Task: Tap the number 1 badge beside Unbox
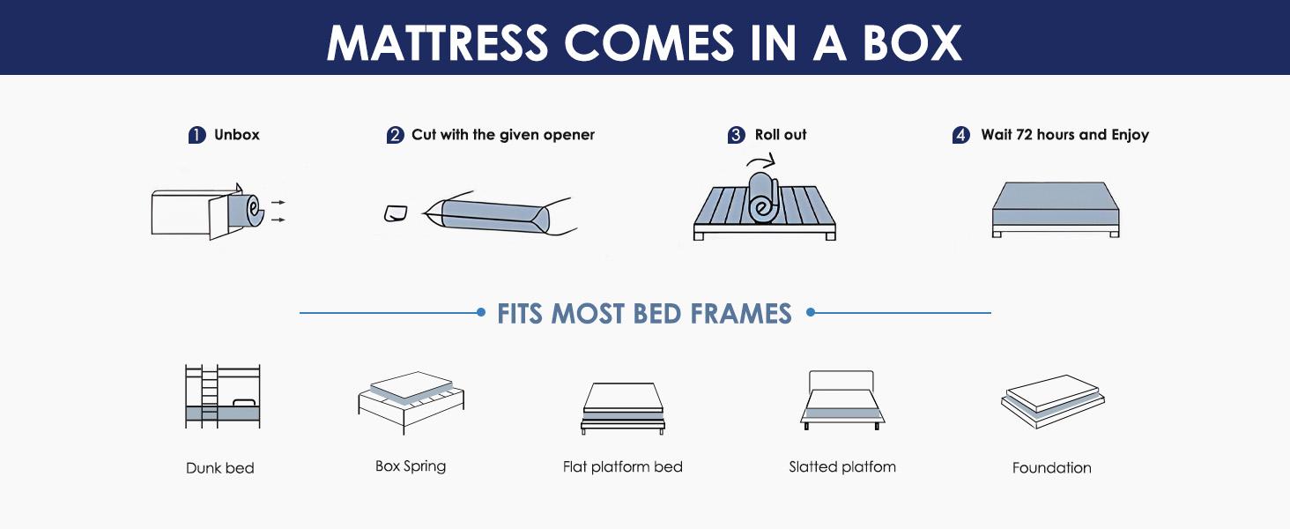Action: pyautogui.click(x=196, y=136)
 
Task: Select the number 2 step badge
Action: pyautogui.click(x=395, y=136)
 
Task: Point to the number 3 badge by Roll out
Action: pyautogui.click(x=736, y=136)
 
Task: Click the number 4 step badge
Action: pyautogui.click(x=960, y=136)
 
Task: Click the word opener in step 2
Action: pyautogui.click(x=567, y=135)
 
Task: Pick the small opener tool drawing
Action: pyautogui.click(x=396, y=213)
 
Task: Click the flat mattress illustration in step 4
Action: pyautogui.click(x=1055, y=209)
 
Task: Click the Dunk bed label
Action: pyautogui.click(x=220, y=468)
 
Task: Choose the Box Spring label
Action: pyautogui.click(x=411, y=466)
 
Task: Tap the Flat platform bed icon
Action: pyautogui.click(x=622, y=407)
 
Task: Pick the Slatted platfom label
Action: pyautogui.click(x=842, y=466)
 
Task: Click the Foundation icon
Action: pyautogui.click(x=1052, y=401)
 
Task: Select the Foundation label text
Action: pyautogui.click(x=1051, y=468)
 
